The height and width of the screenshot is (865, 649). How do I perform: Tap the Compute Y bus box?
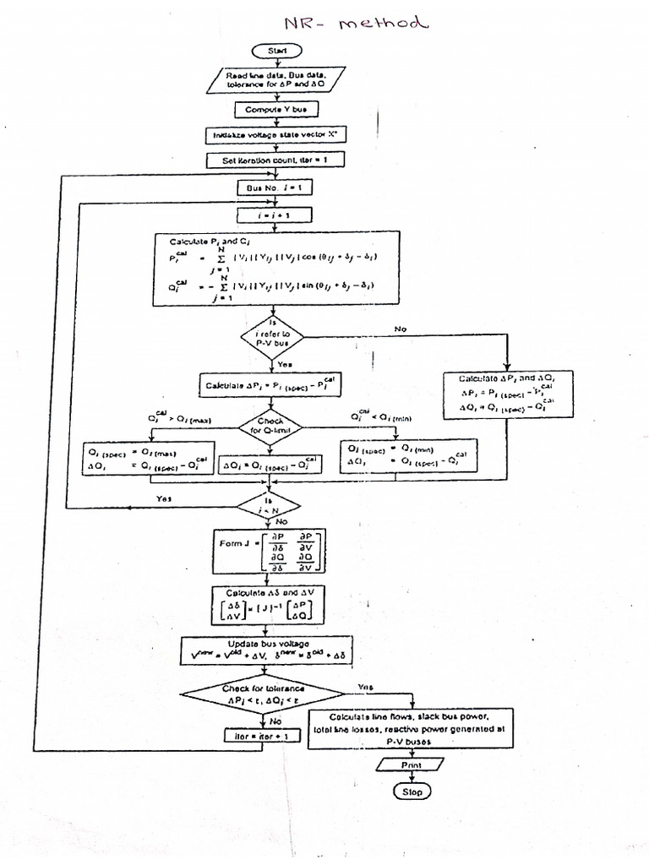click(275, 110)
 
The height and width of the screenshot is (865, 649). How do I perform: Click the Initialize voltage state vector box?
click(275, 135)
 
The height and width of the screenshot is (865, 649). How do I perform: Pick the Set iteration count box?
click(275, 160)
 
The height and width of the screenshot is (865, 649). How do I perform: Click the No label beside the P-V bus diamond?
click(400, 328)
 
